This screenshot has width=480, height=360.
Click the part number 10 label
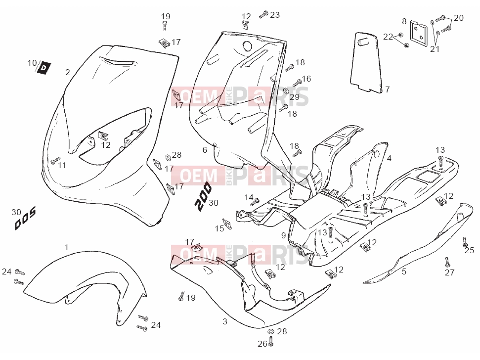click(32, 63)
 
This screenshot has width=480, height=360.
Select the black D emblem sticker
click(44, 68)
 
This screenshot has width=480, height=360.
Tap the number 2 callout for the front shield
click(68, 72)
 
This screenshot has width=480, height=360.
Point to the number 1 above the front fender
click(67, 247)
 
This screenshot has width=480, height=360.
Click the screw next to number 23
click(263, 14)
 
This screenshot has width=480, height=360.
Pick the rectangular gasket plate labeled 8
click(418, 31)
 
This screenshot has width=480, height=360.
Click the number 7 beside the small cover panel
click(387, 89)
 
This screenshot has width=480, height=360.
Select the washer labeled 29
click(286, 90)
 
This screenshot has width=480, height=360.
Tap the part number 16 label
click(306, 79)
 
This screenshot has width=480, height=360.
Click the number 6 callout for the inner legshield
click(205, 150)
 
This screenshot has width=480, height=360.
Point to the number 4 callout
click(389, 158)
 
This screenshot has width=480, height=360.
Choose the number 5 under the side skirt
click(404, 271)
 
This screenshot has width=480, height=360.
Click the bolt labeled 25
click(465, 242)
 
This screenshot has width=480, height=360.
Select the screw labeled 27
click(447, 262)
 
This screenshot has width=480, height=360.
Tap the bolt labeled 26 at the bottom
click(270, 341)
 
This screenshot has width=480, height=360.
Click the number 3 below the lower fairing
click(225, 321)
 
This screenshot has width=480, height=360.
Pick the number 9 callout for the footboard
click(283, 235)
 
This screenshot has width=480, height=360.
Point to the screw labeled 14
click(255, 202)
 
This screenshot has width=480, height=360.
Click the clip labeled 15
click(227, 224)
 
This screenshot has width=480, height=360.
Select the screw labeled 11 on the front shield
click(56, 160)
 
